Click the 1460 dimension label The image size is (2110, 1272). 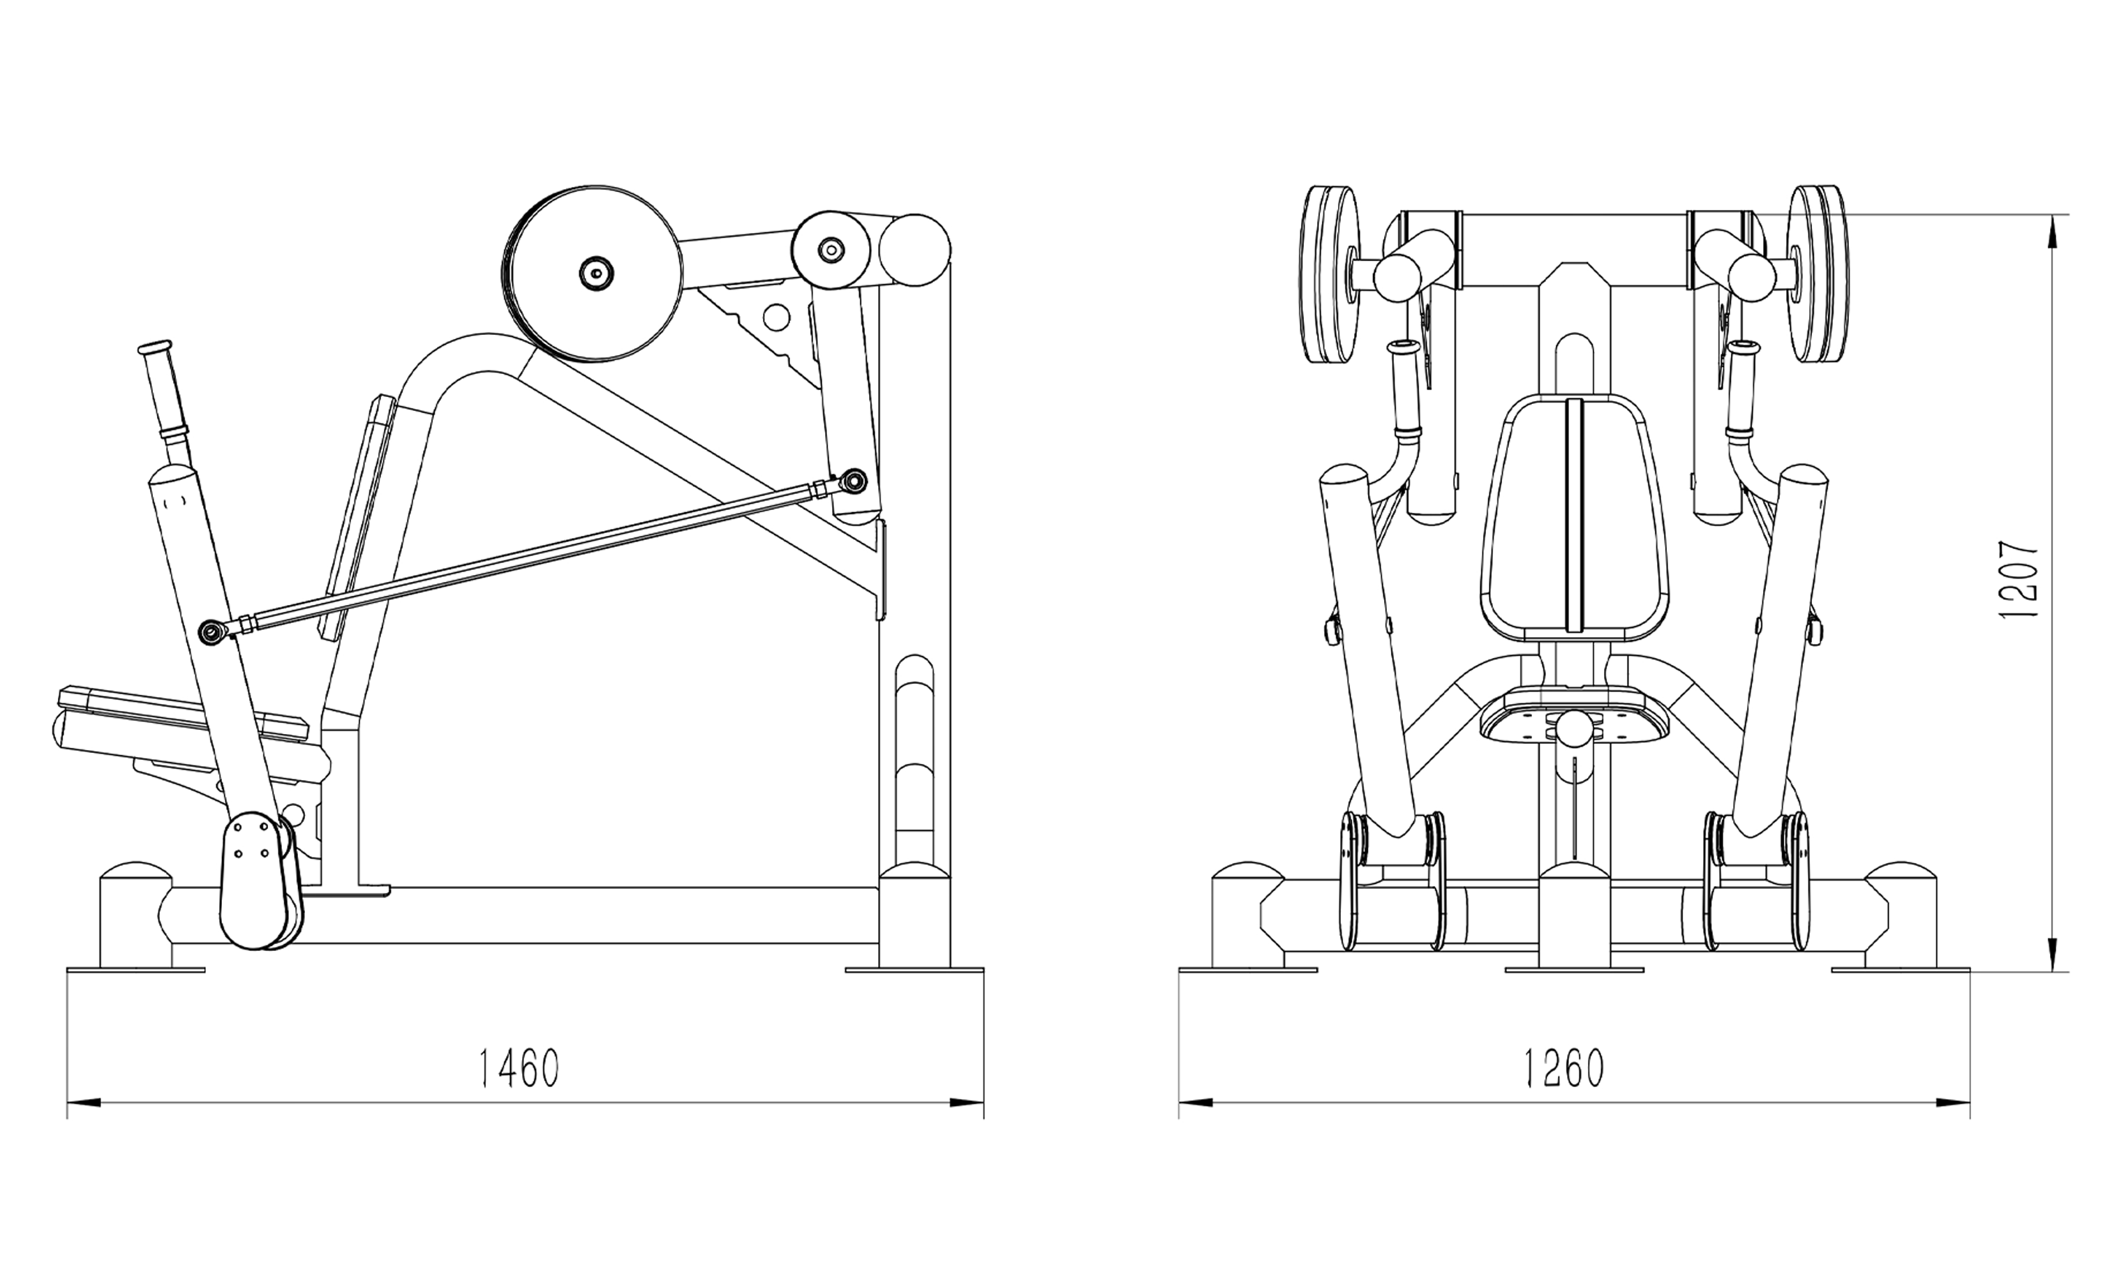pos(518,1068)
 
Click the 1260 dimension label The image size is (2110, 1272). pos(1563,1068)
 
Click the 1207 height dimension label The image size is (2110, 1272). pos(2019,580)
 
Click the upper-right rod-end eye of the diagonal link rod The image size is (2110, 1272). pos(854,483)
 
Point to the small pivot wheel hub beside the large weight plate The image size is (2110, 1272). pos(830,250)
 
